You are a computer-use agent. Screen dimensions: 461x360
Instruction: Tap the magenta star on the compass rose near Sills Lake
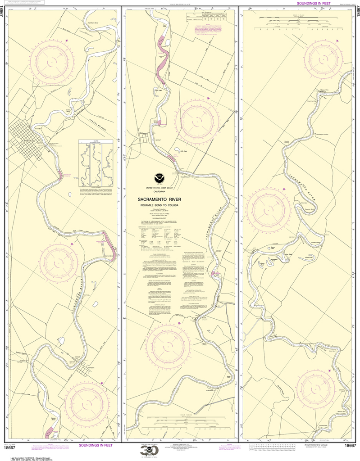click(208, 98)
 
